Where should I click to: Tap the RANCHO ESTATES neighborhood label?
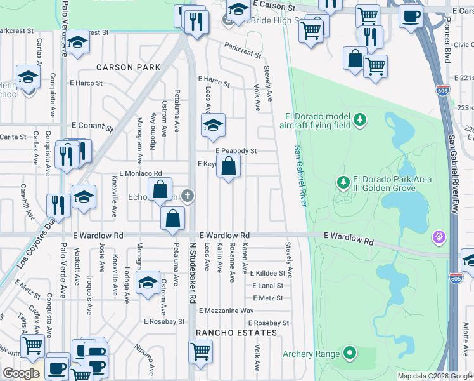coord(236,333)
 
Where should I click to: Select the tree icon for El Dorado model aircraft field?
coord(360,119)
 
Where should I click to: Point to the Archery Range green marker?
coord(350,354)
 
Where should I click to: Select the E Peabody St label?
coord(236,151)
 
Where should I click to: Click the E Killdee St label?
coord(269,273)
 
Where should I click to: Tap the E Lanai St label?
coord(267,286)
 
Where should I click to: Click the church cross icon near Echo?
coord(187,195)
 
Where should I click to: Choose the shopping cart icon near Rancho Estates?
coord(201,349)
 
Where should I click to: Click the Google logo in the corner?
coord(21,373)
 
